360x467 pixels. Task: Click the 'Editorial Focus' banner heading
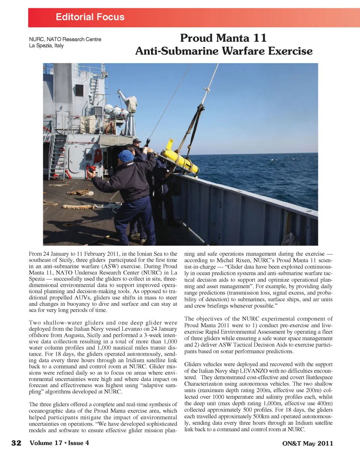(90, 17)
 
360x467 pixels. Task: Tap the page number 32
(16, 443)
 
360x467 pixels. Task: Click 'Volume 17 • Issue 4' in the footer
(59, 443)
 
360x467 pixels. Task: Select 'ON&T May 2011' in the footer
(307, 443)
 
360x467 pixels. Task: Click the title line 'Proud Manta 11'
(223, 38)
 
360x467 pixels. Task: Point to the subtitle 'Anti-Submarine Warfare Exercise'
(224, 51)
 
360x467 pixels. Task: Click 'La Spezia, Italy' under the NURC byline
(46, 46)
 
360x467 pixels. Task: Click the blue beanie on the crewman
(126, 155)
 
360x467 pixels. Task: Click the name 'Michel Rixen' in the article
(232, 260)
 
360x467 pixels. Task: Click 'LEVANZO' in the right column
(253, 371)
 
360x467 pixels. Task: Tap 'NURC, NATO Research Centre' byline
(65, 39)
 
